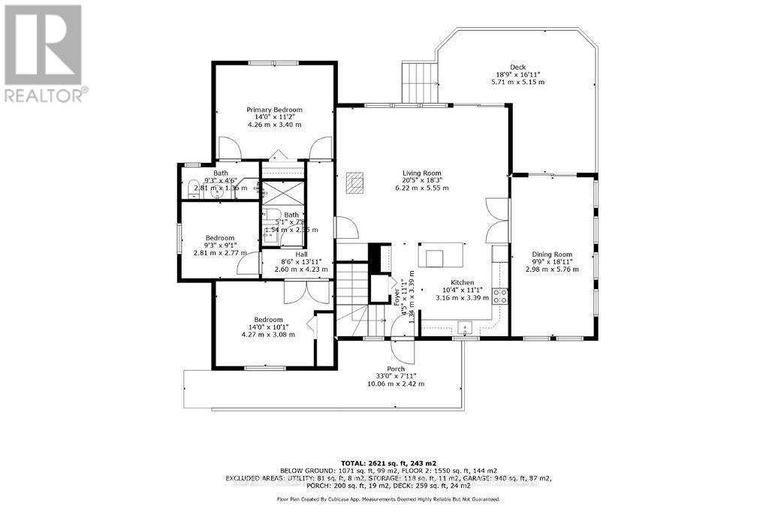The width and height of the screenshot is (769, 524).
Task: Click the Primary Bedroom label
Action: pos(275,110)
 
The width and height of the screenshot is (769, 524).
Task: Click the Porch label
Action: pos(396,369)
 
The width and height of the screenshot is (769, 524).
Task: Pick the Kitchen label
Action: pos(462,282)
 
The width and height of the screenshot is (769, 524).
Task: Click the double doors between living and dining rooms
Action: pos(496,220)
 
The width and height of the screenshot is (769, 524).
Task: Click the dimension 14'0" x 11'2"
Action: pos(275,117)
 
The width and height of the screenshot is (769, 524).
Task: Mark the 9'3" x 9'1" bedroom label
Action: pos(220,245)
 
